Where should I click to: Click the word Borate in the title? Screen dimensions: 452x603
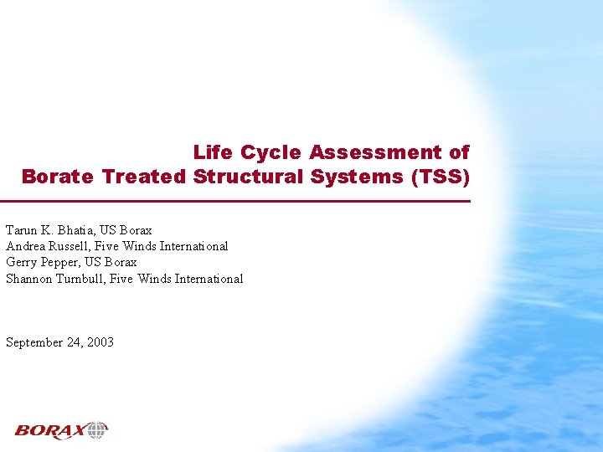pyautogui.click(x=58, y=177)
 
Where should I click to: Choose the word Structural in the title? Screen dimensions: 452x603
pyautogui.click(x=245, y=177)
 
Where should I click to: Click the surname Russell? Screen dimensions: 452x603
pyautogui.click(x=72, y=246)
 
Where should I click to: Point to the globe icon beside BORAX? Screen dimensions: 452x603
pyautogui.click(x=97, y=430)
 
